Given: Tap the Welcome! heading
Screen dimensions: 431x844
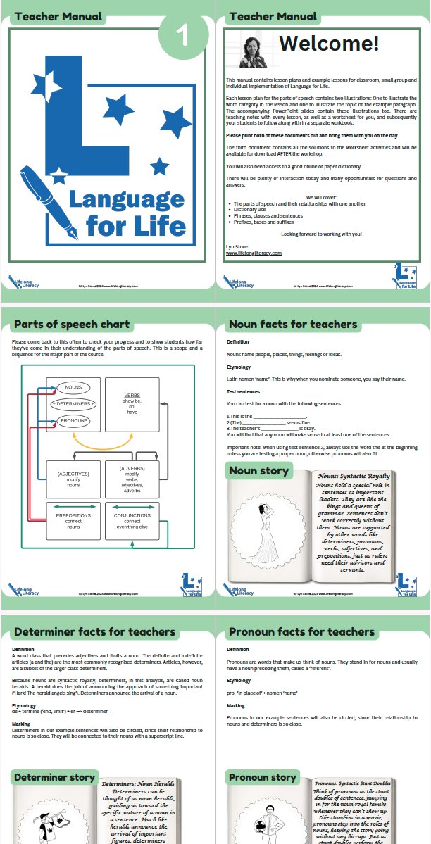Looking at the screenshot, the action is pyautogui.click(x=329, y=44).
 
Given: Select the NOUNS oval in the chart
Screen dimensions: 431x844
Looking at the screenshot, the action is pyautogui.click(x=73, y=388).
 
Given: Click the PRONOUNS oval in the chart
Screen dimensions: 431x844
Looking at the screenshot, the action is pyautogui.click(x=73, y=420).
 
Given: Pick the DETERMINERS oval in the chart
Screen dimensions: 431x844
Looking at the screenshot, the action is pyautogui.click(x=73, y=404).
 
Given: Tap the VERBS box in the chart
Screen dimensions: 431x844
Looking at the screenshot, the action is pyautogui.click(x=132, y=405).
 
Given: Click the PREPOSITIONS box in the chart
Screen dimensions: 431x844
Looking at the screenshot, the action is pyautogui.click(x=73, y=520).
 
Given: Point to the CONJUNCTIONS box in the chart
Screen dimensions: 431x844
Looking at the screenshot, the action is pyautogui.click(x=132, y=520).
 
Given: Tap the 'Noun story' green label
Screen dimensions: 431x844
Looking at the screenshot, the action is pyautogui.click(x=254, y=470).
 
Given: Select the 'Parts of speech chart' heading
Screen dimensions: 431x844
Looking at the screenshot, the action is pyautogui.click(x=71, y=325).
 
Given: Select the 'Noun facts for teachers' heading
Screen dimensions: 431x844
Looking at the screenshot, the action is pyautogui.click(x=292, y=325).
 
